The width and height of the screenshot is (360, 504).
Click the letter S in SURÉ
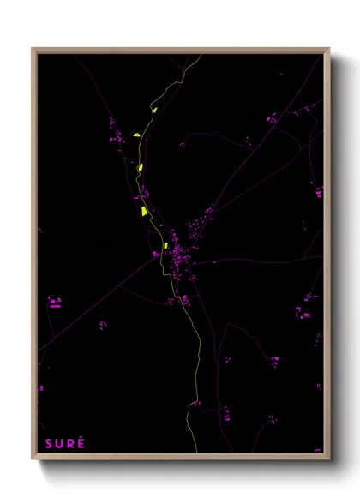pyautogui.click(x=48, y=443)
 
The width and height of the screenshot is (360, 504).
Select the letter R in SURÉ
pyautogui.click(x=70, y=443)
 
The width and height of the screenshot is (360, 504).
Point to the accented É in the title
pyautogui.click(x=81, y=442)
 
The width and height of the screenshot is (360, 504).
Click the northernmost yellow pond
pyautogui.click(x=154, y=110)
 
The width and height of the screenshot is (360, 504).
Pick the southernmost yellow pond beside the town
pyautogui.click(x=165, y=246)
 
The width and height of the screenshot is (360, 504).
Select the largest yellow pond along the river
pyautogui.click(x=144, y=209)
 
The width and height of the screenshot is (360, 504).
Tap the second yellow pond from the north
pyautogui.click(x=137, y=135)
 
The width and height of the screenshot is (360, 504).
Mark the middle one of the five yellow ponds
pyautogui.click(x=141, y=167)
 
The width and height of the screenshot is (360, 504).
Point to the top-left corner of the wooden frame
pyautogui.click(x=33, y=49)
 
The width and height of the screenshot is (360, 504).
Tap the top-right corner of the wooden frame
pyautogui.click(x=328, y=49)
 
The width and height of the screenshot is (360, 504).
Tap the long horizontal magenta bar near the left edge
pyautogui.click(x=55, y=303)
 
